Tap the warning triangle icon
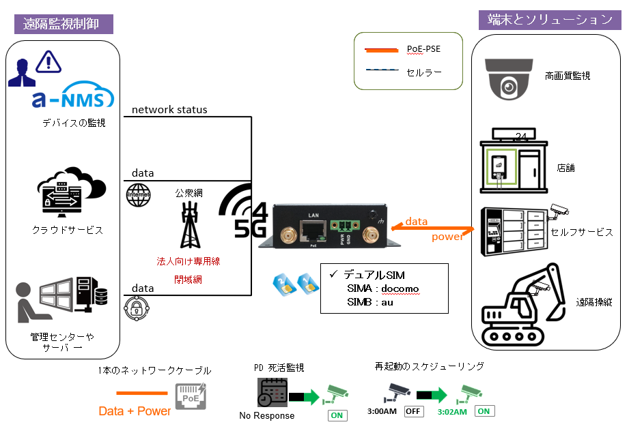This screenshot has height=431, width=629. click(48, 62)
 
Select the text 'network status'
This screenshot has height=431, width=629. click(169, 110)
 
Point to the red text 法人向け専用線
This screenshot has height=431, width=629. click(188, 261)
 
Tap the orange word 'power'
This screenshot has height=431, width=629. click(447, 237)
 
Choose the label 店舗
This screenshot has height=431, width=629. click(565, 168)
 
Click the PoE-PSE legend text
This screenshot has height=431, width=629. click(424, 50)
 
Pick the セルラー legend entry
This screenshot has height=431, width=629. click(424, 71)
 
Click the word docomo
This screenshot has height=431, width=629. click(400, 288)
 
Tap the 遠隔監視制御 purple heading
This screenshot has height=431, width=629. click(64, 24)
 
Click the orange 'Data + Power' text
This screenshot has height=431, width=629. click(135, 411)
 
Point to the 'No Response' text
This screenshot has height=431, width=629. click(267, 415)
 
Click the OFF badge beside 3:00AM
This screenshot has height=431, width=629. click(413, 411)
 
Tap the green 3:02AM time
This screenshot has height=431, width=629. click(452, 412)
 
